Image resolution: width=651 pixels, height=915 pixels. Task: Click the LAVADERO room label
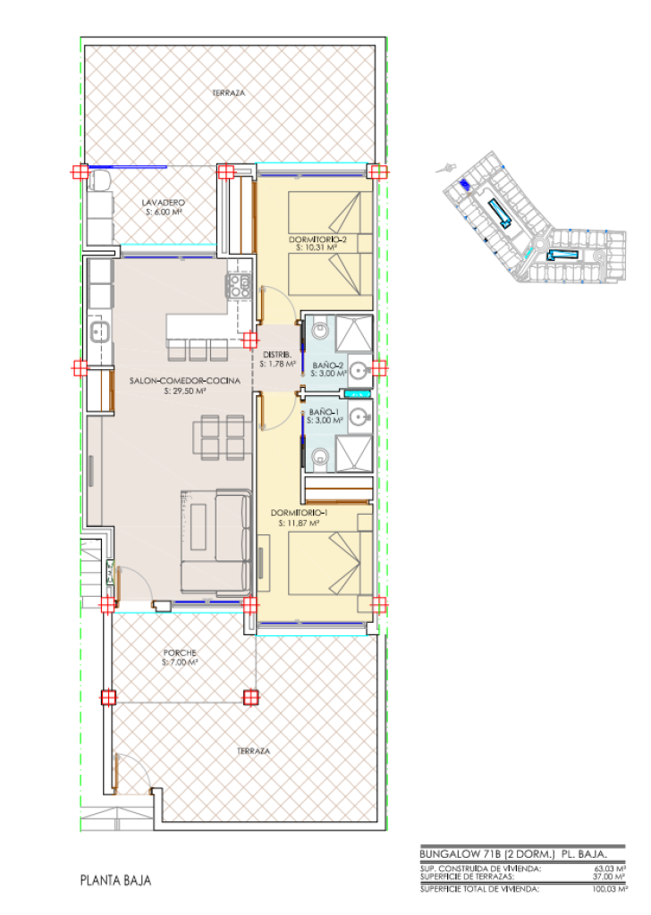pos(164,203)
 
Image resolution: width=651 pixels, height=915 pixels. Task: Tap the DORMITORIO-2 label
pos(317,239)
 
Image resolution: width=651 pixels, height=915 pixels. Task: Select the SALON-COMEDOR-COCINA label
pos(184,381)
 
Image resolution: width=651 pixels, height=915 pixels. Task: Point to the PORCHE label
pos(180,652)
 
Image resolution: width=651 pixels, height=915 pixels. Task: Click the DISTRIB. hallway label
pos(277,354)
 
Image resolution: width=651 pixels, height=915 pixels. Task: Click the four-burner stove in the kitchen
pos(238,286)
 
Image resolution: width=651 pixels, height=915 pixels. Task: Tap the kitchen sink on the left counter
pos(99,332)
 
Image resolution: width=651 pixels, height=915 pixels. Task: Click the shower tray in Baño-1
pos(354,454)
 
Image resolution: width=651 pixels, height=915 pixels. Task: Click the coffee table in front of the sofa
pos(199,526)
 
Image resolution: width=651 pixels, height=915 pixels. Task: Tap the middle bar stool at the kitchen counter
pos(198,351)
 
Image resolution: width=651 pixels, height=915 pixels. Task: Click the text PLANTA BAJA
pos(115,880)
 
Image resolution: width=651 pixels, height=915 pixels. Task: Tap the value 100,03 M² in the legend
pos(610,889)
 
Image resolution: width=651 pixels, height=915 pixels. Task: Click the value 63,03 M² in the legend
pos(610,869)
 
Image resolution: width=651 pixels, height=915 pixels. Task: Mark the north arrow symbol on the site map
pos(446,168)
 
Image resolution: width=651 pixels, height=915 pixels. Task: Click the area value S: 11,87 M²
pos(298,524)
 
